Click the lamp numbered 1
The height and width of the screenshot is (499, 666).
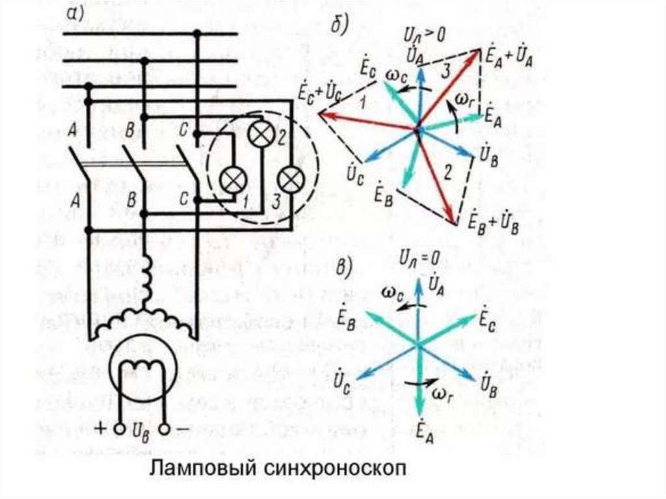coord(230,179)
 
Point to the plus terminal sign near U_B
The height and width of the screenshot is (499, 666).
coord(101,429)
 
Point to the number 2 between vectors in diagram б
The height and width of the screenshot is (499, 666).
coord(446,172)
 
